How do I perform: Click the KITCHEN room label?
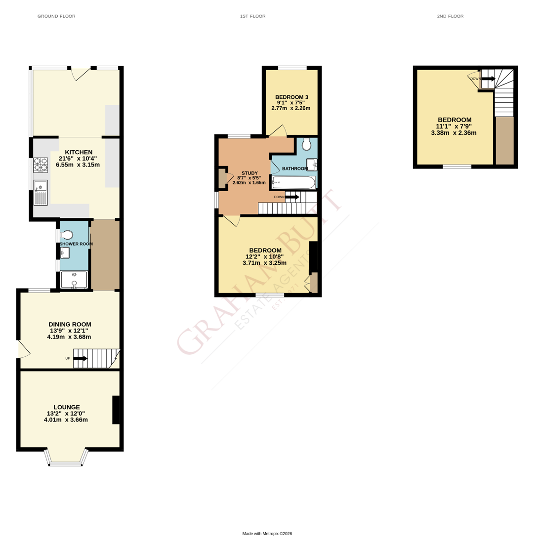(x=79, y=152)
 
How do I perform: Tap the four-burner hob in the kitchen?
(x=41, y=165)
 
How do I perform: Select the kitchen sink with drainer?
(x=41, y=193)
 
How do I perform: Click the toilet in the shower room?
(x=66, y=234)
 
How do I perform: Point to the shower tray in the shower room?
(x=74, y=280)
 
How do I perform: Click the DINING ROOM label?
(x=70, y=324)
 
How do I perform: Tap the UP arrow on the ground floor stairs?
(x=81, y=358)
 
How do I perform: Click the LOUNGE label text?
(x=67, y=407)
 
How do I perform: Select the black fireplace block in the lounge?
(x=116, y=410)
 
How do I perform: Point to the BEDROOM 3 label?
(x=291, y=97)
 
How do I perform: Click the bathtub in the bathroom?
(x=293, y=182)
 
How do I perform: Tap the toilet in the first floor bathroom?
(x=307, y=144)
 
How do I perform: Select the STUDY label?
(x=249, y=173)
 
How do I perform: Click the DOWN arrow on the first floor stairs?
(x=292, y=197)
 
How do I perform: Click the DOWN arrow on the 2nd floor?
(x=488, y=79)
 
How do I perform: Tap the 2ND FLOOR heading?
(x=450, y=16)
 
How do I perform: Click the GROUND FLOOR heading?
(x=56, y=16)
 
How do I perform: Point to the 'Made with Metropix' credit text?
(x=267, y=533)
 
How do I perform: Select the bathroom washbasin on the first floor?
(x=312, y=165)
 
